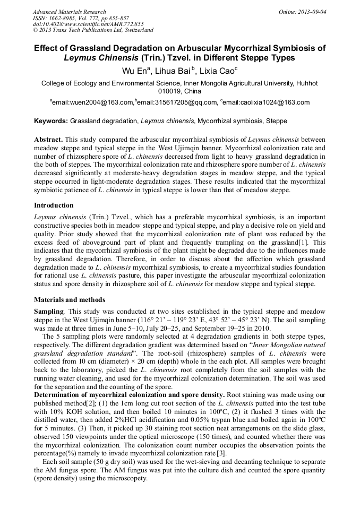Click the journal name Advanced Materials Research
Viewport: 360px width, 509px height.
[69, 12]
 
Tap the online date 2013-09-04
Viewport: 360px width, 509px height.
[311, 12]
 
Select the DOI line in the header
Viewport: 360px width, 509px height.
[88, 24]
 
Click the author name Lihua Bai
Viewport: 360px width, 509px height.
[175, 71]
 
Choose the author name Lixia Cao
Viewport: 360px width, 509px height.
[218, 71]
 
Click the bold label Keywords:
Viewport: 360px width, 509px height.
[51, 121]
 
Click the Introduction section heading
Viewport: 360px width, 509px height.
[54, 205]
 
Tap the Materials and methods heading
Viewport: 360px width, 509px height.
[70, 300]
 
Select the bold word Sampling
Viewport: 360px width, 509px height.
[49, 310]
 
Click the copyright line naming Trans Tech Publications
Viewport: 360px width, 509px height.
[93, 31]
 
